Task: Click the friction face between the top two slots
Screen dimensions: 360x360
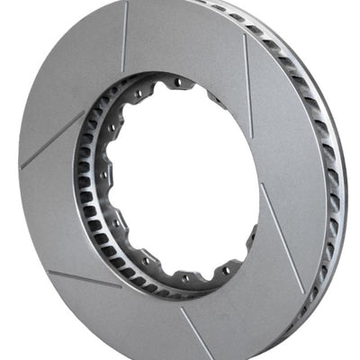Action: pyautogui.click(x=184, y=40)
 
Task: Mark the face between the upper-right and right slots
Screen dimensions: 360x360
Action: pyautogui.click(x=288, y=153)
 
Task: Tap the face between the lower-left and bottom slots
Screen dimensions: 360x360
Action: pyautogui.click(x=135, y=315)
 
